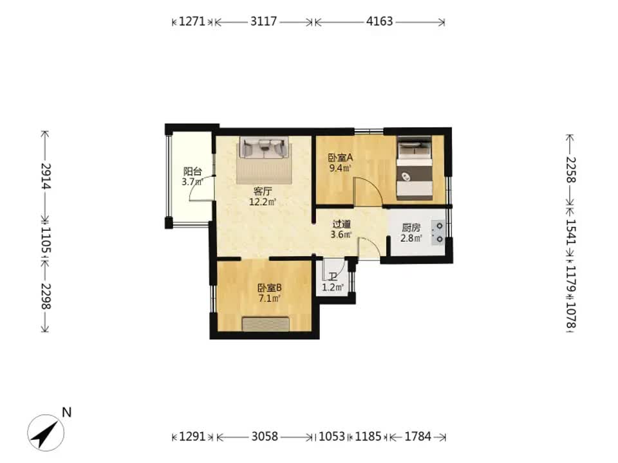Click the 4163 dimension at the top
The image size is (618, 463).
(380, 21)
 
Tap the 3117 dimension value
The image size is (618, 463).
(264, 21)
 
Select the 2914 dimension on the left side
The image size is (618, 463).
(46, 176)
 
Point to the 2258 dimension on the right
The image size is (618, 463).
(571, 170)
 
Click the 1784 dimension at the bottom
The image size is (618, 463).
(418, 436)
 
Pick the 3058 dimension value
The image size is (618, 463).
(265, 436)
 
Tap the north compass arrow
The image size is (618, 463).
(46, 433)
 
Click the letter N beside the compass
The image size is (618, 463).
(66, 412)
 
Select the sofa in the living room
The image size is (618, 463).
(263, 148)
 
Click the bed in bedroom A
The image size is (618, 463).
(414, 168)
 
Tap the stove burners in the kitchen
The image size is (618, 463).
(438, 232)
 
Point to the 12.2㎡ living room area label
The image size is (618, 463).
(262, 203)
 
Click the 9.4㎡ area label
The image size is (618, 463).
(340, 168)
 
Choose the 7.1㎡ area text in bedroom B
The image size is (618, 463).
(270, 298)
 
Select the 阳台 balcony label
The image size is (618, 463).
(192, 172)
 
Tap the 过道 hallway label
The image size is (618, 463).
(341, 224)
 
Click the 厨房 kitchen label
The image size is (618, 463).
(411, 228)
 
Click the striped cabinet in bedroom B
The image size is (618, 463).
(266, 323)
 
